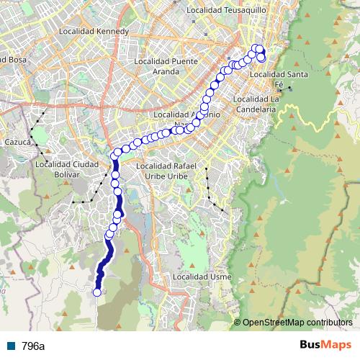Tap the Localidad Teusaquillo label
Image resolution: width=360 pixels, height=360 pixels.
226,11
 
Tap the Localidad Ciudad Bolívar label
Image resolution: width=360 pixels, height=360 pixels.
66,168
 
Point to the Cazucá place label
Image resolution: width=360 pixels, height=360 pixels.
18,143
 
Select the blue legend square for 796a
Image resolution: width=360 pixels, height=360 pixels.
11,346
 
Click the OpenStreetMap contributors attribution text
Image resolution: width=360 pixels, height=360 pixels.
297,323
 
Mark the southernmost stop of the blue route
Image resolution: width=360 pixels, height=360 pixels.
97,292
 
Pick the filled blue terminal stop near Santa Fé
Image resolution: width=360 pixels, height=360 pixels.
261,57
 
